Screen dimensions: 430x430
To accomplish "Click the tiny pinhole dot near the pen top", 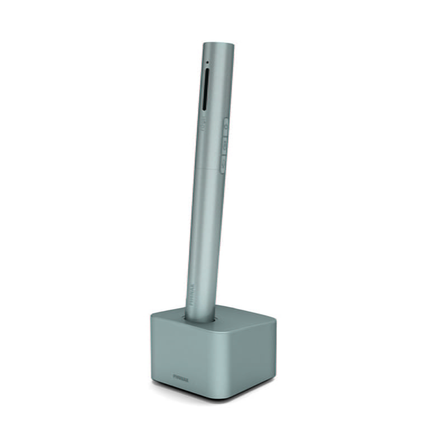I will point(207,62).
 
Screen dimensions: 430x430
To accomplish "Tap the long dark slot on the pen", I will point(205,90).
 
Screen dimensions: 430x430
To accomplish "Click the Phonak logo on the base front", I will point(180,378).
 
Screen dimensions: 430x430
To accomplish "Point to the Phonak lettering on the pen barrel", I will point(191,292).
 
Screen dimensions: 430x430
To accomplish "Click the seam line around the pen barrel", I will point(210,167).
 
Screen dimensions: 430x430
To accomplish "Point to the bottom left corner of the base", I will point(153,381).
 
